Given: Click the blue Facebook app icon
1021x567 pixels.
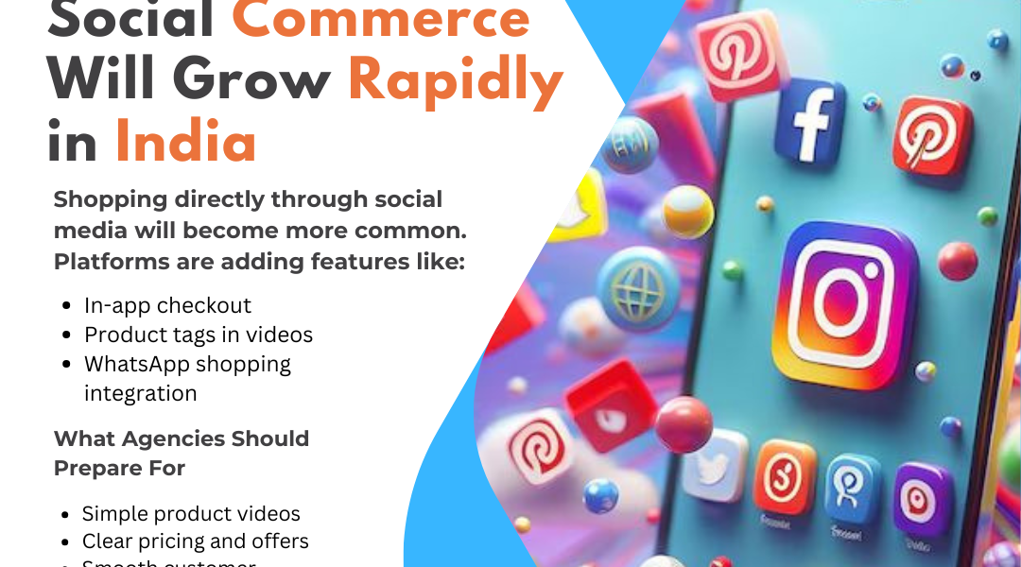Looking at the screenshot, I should (810, 120).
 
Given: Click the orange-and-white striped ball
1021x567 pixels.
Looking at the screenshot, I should (687, 212).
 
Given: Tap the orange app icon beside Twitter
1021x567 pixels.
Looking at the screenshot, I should (784, 477).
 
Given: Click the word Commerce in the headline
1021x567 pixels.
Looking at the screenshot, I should (381, 20).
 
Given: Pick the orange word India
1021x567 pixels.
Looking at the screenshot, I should (186, 143).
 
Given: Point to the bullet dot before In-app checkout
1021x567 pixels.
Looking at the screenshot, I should (66, 306).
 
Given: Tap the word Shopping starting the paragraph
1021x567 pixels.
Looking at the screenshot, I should (112, 199).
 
